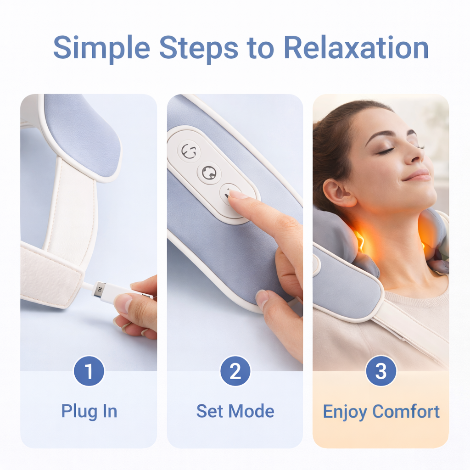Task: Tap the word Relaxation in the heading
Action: (x=356, y=47)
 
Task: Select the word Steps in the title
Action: (x=198, y=48)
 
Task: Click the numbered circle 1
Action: (x=89, y=371)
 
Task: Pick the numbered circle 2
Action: (x=235, y=371)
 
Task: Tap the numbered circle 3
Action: (x=380, y=371)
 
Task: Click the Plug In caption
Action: (x=89, y=411)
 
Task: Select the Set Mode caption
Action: (x=235, y=411)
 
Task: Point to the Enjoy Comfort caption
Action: (x=381, y=411)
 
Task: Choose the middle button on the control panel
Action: (x=209, y=173)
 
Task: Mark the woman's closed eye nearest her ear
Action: (x=385, y=151)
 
